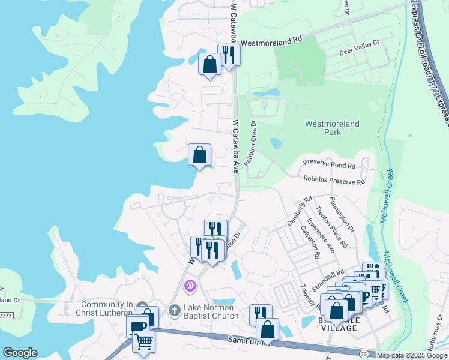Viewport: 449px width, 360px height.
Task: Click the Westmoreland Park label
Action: pos(332,128)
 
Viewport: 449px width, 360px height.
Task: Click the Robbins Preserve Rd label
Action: pos(334,180)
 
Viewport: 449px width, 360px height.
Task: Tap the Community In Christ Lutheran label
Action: pos(104,308)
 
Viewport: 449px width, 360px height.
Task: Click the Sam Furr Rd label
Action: pos(250,340)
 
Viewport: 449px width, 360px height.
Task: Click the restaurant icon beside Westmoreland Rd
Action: pos(229,54)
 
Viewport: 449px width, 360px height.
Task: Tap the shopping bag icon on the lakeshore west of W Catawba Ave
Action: pos(199,155)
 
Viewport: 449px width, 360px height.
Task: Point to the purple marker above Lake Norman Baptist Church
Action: pos(190,286)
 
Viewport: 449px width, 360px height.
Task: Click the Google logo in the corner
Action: pos(20,353)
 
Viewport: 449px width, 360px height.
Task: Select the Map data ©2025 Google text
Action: pos(412,355)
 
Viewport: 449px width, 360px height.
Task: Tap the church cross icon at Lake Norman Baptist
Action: pos(173,310)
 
